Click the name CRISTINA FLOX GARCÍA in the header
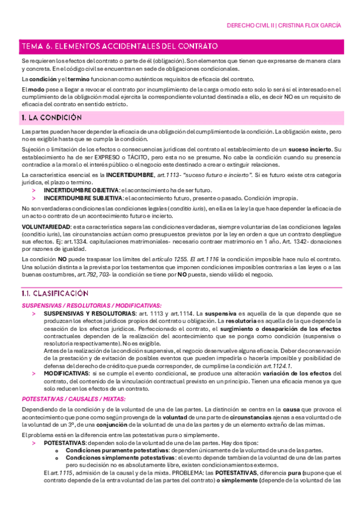pyautogui.click(x=310, y=25)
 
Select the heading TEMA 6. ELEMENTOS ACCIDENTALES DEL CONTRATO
pyautogui.click(x=119, y=46)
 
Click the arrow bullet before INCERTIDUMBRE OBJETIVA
pyautogui.click(x=35, y=190)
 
